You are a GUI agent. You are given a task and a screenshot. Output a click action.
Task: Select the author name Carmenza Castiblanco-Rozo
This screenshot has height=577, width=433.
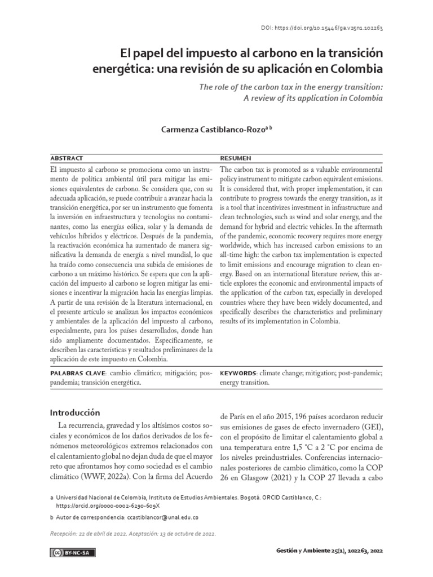(x=214, y=129)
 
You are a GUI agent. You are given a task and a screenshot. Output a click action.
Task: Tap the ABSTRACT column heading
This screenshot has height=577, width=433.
(x=67, y=158)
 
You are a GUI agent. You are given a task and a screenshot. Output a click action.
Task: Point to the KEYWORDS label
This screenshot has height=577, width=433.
(x=238, y=373)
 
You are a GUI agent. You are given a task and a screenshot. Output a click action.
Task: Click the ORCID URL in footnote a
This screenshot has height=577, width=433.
(x=101, y=506)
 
